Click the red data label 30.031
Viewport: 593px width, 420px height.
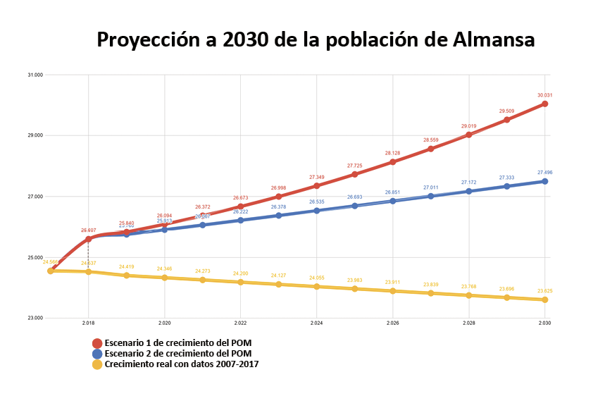(x=544, y=95)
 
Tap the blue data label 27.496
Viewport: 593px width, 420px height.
(x=544, y=173)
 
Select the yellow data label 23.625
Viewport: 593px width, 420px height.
(x=544, y=291)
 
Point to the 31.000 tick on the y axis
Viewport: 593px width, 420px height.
(x=34, y=75)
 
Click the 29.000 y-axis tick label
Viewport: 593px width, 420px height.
(x=34, y=135)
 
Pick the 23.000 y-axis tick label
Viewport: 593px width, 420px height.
(x=34, y=319)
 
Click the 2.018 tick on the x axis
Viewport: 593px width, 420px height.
(x=88, y=323)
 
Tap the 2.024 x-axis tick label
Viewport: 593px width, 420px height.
(x=316, y=323)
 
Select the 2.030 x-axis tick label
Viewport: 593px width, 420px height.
(x=544, y=323)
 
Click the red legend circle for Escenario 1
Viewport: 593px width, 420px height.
(x=98, y=343)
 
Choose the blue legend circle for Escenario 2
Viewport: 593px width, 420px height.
(x=98, y=354)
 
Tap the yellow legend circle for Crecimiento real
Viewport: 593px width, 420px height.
(x=98, y=364)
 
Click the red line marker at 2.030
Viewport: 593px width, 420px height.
(x=544, y=104)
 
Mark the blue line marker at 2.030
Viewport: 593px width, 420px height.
(x=544, y=182)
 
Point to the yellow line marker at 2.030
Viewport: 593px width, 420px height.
(x=544, y=299)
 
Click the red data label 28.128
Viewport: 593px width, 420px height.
(x=392, y=153)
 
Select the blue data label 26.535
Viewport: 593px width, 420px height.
(x=316, y=202)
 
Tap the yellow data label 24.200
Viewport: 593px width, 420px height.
(x=240, y=273)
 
